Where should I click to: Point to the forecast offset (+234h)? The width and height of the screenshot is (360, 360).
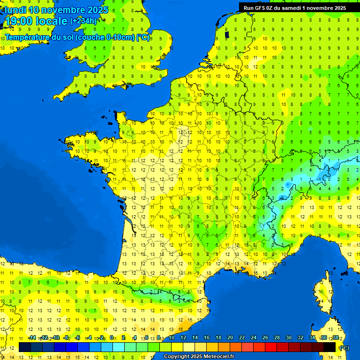pyautogui.click(x=83, y=21)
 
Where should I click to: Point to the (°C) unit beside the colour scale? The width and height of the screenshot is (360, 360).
pyautogui.click(x=344, y=348)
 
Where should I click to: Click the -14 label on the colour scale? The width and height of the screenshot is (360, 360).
pyautogui.click(x=32, y=337)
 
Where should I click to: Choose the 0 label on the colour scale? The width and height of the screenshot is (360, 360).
pyautogui.click(x=112, y=337)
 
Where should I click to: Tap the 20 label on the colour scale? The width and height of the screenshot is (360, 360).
pyautogui.click(x=230, y=337)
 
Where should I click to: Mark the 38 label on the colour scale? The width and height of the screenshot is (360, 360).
pyautogui.click(x=336, y=337)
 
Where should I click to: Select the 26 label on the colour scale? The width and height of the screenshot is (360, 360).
pyautogui.click(x=265, y=337)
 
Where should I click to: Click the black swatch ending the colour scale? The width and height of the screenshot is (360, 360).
pyautogui.click(x=330, y=347)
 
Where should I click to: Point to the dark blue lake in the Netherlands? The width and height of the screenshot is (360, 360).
pyautogui.click(x=227, y=34)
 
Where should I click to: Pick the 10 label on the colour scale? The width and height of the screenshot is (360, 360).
pyautogui.click(x=171, y=337)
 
